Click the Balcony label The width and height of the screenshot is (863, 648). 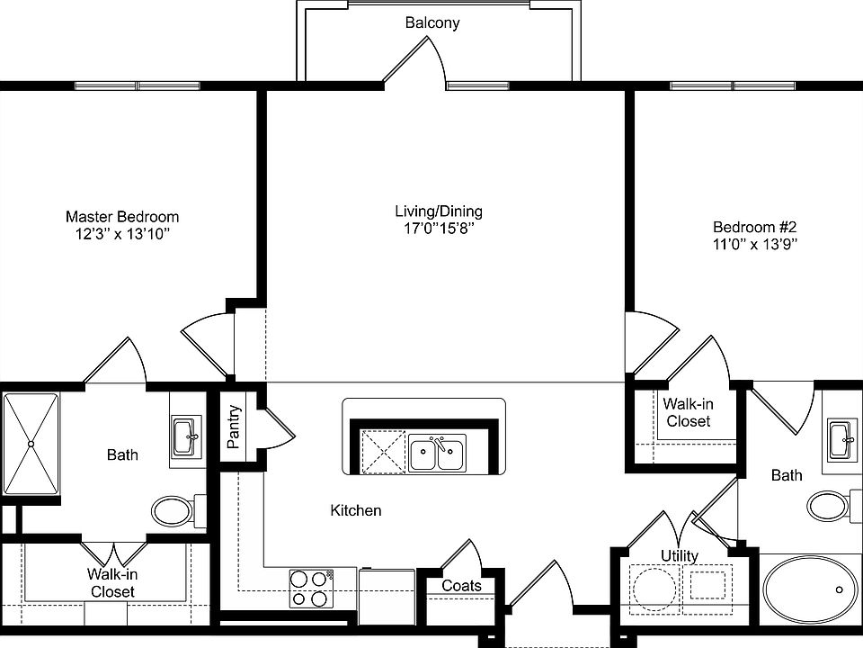click(431, 23)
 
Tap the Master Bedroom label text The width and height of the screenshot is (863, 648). click(122, 217)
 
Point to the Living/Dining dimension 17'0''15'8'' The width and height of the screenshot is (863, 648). click(439, 229)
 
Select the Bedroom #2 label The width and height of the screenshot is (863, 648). click(753, 227)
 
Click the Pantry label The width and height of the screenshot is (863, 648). click(235, 427)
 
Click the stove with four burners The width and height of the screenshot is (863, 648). click(310, 588)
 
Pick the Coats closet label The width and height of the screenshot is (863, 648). click(461, 586)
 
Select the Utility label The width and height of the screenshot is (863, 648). click(680, 555)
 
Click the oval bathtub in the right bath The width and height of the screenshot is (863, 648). click(810, 591)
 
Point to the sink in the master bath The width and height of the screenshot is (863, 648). click(186, 438)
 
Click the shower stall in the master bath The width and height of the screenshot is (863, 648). click(31, 444)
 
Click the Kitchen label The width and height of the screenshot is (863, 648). click(356, 511)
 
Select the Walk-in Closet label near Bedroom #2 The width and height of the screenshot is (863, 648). click(688, 413)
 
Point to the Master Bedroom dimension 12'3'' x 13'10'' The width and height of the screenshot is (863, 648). click(122, 234)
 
